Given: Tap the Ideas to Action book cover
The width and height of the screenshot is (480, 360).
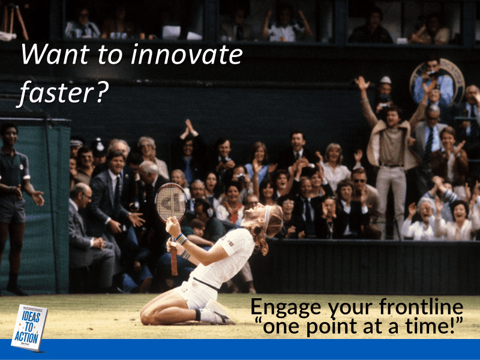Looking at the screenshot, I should (28, 326).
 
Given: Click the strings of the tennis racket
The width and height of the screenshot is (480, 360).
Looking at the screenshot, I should (171, 202).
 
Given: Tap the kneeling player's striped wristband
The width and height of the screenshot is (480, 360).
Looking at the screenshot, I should (181, 239).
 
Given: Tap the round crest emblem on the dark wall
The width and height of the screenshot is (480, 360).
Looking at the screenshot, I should (437, 78).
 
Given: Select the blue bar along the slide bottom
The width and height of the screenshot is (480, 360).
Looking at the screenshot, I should (240, 349).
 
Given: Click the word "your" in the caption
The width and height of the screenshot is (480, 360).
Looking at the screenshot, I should (347, 308).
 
